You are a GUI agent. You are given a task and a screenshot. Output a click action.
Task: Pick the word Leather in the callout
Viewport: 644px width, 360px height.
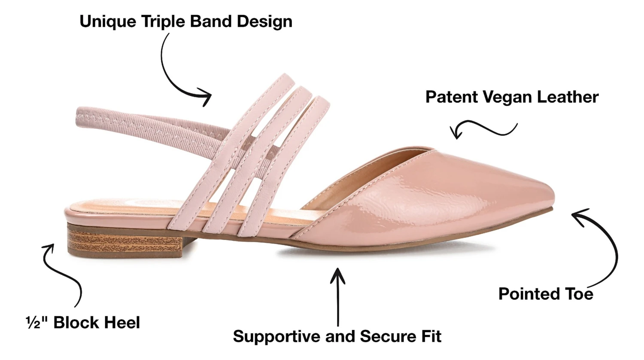[568, 97]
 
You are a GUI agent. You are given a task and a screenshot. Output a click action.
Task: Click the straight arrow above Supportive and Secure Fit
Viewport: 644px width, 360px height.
[338, 296]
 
